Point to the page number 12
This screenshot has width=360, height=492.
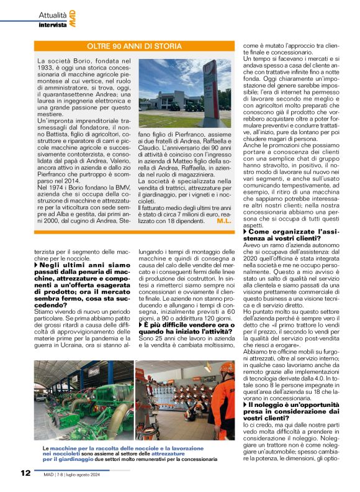tap(24, 473)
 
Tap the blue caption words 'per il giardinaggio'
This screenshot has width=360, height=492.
tap(60, 460)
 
